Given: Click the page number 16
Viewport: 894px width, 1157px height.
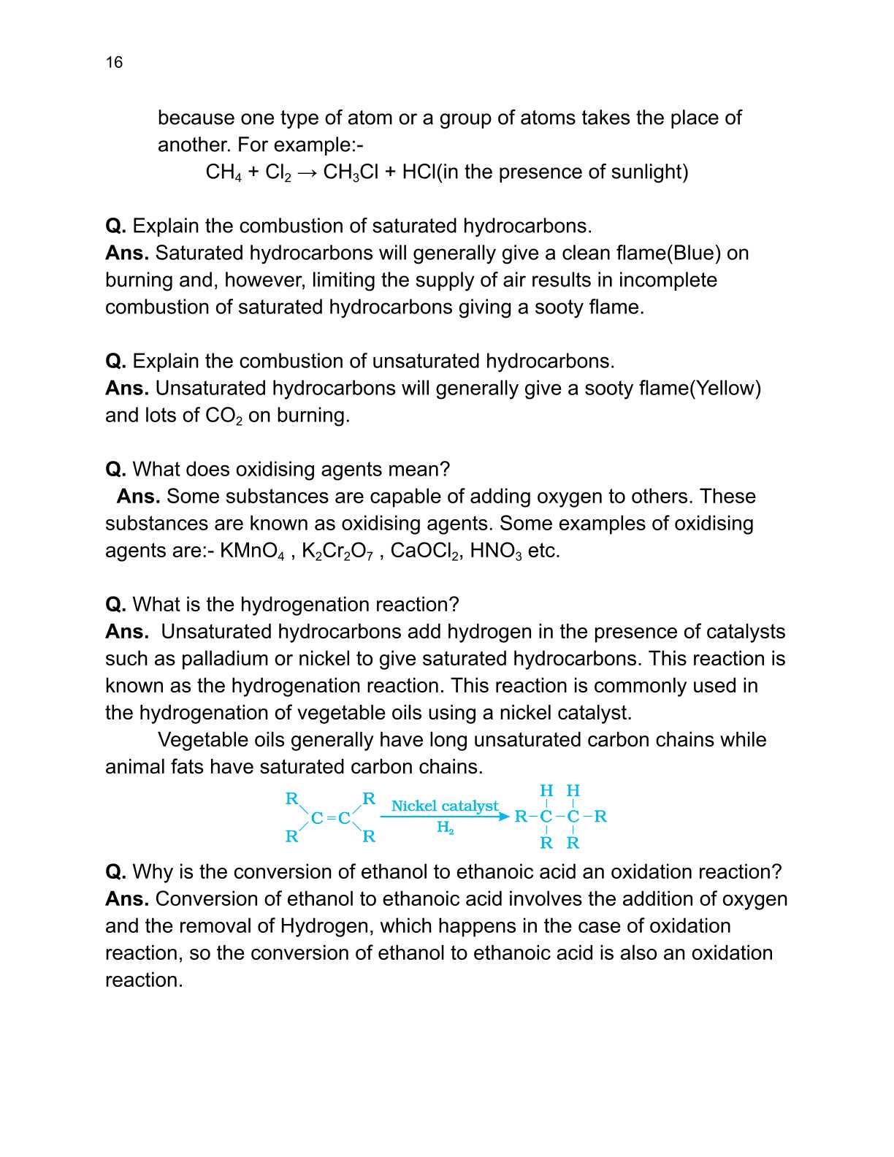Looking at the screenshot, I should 114,62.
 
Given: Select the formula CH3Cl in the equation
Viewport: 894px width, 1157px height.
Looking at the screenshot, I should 351,172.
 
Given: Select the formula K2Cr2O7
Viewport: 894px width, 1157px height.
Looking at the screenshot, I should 337,551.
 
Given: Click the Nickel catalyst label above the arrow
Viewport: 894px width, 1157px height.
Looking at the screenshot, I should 444,806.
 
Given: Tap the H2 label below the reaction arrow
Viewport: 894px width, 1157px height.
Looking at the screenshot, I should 446,828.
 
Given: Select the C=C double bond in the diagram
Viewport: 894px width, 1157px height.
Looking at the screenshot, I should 331,817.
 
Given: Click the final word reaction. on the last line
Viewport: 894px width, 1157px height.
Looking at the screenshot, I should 143,980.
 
